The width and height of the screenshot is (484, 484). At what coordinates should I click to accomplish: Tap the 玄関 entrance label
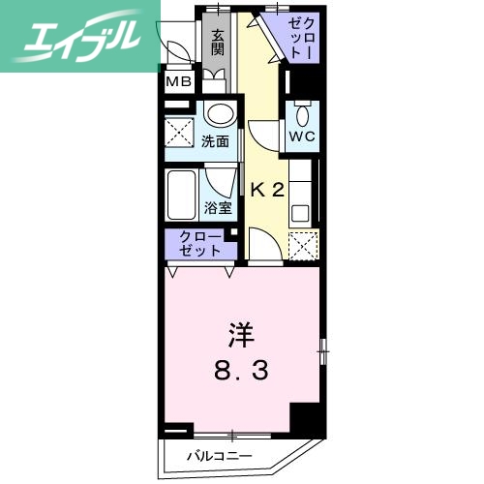pyautogui.click(x=219, y=42)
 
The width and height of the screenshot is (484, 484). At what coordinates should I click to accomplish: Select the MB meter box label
pyautogui.click(x=178, y=81)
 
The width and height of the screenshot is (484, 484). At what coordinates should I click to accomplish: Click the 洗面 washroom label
pyautogui.click(x=215, y=141)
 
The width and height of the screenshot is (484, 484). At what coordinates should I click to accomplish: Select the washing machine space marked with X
pyautogui.click(x=180, y=130)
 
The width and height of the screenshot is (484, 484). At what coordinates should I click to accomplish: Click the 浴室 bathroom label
pyautogui.click(x=218, y=207)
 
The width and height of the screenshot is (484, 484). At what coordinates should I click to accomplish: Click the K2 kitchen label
pyautogui.click(x=267, y=190)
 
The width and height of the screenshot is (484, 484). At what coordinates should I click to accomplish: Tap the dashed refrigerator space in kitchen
pyautogui.click(x=302, y=248)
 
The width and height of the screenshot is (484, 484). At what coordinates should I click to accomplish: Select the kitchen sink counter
pyautogui.click(x=302, y=189)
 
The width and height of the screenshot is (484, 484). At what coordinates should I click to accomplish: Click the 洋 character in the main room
pyautogui.click(x=240, y=336)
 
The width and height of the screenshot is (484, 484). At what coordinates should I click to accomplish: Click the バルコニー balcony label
pyautogui.click(x=220, y=455)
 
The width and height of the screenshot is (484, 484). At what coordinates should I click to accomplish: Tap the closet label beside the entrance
pyautogui.click(x=299, y=35)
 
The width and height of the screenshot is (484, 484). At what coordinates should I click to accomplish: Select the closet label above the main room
pyautogui.click(x=200, y=243)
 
